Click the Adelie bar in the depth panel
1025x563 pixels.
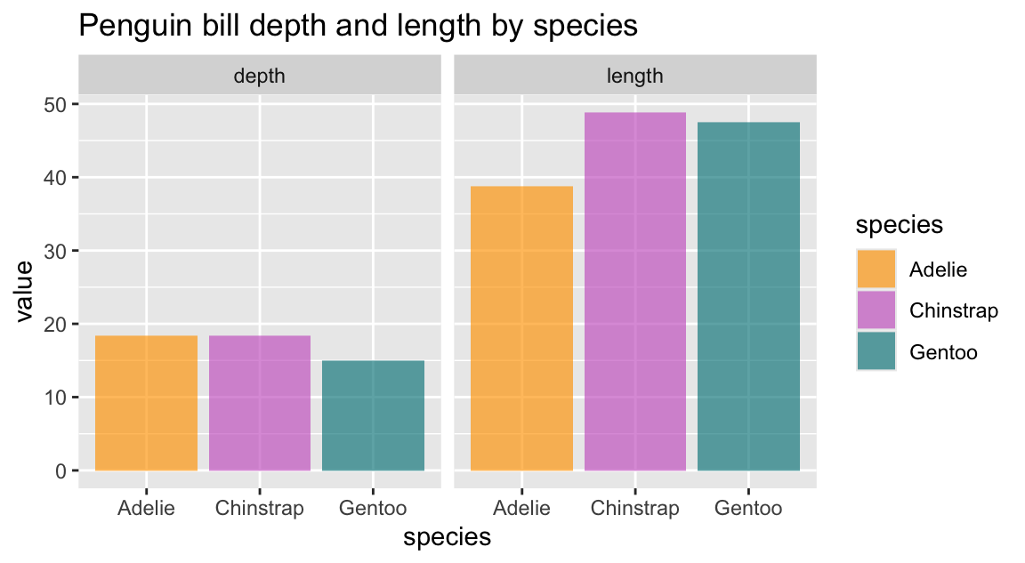point(146,403)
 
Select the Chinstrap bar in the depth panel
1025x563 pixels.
point(260,403)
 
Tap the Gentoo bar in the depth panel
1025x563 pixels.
point(373,415)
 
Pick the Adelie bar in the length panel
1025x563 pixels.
point(521,328)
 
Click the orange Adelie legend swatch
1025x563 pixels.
point(876,269)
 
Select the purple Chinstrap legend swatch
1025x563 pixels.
point(876,310)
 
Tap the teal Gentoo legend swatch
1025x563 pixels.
point(876,352)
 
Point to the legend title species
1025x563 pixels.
point(899,225)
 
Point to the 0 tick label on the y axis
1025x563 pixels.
point(61,471)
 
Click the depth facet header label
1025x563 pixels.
point(259,76)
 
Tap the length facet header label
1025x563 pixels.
point(634,76)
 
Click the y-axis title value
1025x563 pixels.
point(24,288)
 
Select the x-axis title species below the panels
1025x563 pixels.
point(447,538)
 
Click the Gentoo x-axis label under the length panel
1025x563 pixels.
point(748,510)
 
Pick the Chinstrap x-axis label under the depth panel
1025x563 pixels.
point(260,510)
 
